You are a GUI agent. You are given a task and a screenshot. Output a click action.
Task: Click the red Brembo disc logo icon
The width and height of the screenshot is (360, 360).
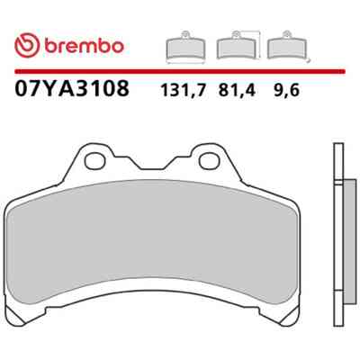pos(27,46)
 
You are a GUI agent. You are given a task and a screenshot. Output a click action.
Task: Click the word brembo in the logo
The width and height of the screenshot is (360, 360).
pos(85,46)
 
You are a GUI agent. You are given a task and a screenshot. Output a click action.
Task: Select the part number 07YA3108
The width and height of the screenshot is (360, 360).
pos(72,88)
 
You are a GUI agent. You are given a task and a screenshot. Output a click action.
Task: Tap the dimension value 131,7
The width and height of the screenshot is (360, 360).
pos(184,90)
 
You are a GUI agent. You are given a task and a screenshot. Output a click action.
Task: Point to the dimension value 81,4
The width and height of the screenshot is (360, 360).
pos(237,90)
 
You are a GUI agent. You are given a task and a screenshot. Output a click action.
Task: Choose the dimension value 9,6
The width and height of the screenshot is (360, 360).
pos(286,90)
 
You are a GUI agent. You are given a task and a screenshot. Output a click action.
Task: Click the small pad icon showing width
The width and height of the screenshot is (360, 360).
pos(185,47)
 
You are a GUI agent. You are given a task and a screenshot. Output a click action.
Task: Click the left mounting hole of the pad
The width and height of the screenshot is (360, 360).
pos(94,161)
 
